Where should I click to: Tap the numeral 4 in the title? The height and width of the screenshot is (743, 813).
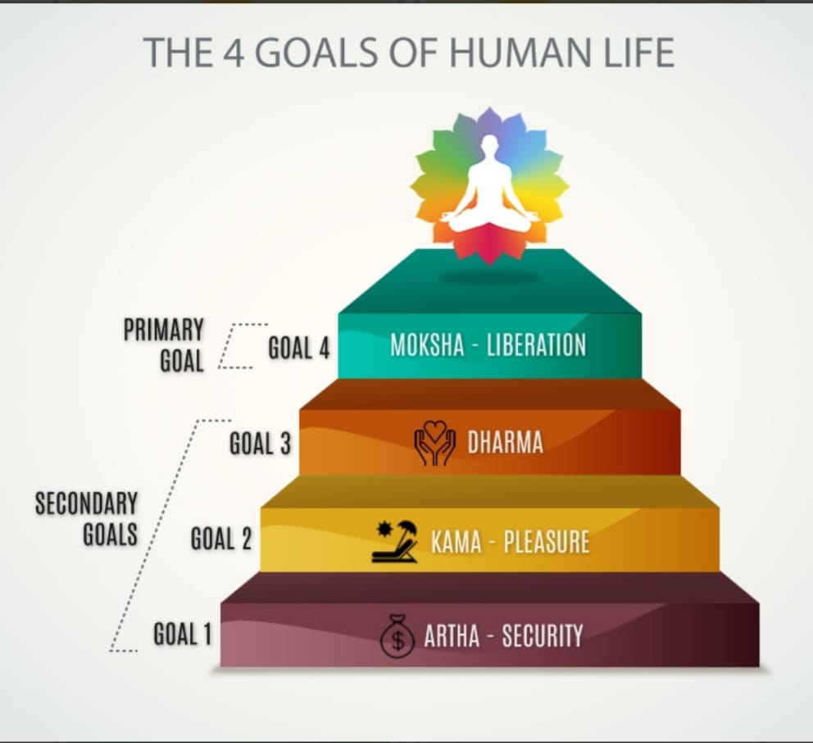[234, 52]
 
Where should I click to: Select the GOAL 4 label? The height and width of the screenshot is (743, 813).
[298, 348]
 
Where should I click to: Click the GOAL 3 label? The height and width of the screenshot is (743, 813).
[261, 444]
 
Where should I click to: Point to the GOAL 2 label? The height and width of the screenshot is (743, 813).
[221, 538]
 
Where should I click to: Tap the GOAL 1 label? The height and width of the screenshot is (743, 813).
[183, 634]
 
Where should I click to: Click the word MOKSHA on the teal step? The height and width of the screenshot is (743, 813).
[427, 345]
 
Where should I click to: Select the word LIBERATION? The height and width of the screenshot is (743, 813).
[536, 345]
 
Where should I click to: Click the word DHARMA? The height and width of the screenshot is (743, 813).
[506, 443]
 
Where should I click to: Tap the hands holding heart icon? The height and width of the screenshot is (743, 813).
[434, 442]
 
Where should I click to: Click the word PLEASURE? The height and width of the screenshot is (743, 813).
[547, 542]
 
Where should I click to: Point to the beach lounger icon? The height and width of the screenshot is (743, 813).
[394, 542]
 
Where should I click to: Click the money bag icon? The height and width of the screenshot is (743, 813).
[397, 636]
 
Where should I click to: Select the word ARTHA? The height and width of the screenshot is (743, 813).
[452, 636]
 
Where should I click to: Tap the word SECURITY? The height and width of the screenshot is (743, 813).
[543, 636]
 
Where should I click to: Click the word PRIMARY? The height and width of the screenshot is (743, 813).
[163, 330]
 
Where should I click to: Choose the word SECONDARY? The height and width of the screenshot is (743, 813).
[87, 504]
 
